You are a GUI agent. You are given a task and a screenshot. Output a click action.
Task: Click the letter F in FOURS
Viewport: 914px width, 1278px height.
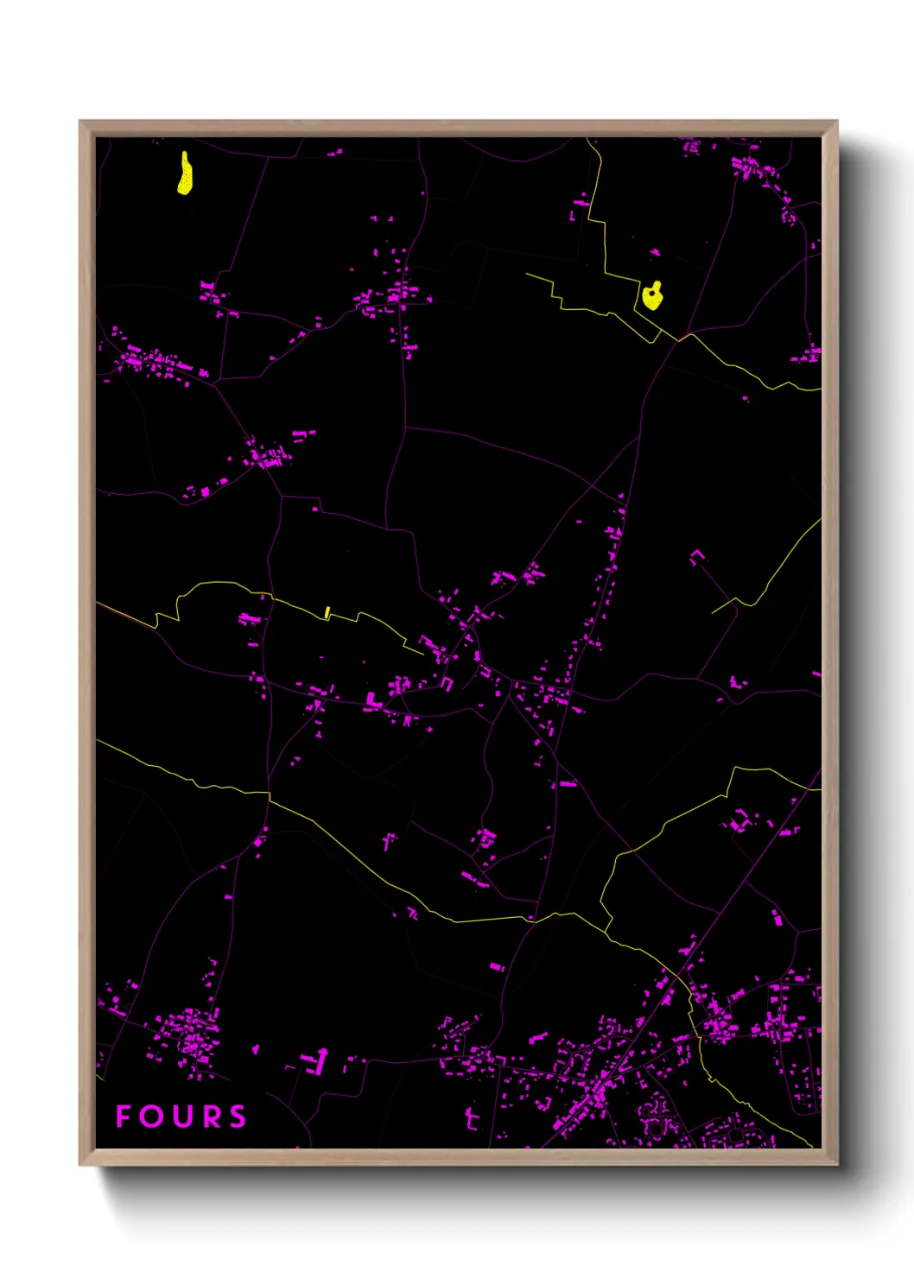click(124, 1117)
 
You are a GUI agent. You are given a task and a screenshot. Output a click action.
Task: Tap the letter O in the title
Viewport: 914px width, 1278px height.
click(151, 1117)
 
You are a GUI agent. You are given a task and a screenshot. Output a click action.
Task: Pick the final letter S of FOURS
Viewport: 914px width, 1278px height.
click(238, 1117)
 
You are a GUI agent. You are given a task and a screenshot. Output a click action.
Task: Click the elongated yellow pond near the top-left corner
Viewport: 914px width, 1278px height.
click(185, 175)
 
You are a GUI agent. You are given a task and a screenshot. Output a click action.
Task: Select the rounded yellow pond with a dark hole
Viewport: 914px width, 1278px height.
click(652, 297)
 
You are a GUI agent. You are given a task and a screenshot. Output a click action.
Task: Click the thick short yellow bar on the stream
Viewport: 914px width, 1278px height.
click(327, 612)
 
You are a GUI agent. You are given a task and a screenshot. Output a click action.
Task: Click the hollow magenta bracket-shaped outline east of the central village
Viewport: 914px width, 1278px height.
click(697, 556)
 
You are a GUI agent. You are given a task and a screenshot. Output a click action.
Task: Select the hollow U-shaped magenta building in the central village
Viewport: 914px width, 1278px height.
click(447, 683)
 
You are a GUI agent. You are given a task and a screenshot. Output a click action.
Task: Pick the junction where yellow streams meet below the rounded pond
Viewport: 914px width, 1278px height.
click(679, 339)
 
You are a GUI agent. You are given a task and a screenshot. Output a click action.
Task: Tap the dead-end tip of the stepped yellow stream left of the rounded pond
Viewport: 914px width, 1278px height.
click(526, 275)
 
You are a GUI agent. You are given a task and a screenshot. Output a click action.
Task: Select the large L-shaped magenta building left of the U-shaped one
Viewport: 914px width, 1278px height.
click(372, 700)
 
